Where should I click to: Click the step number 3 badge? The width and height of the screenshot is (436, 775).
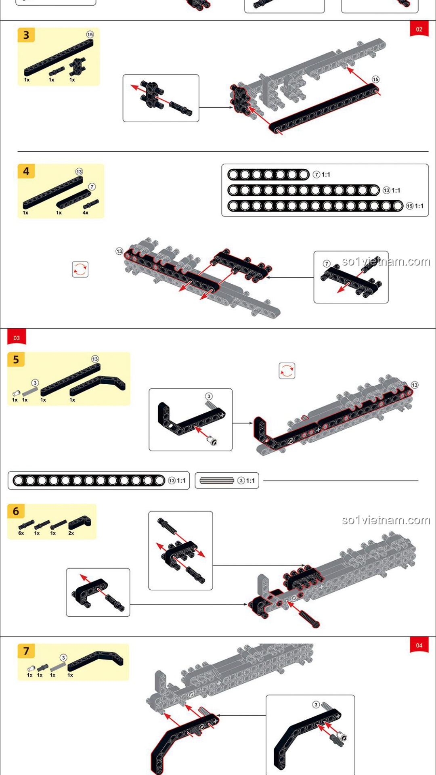[26, 35]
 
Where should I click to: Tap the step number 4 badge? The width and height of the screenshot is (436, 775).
[26, 171]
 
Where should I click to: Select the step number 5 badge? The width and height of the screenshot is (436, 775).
[16, 360]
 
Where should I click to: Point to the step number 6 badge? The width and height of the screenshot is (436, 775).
[16, 511]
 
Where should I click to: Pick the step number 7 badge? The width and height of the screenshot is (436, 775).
[26, 651]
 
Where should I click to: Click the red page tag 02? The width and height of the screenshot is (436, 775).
[419, 29]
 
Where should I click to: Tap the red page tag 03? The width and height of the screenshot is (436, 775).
[17, 337]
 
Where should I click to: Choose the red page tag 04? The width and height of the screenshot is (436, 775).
[419, 645]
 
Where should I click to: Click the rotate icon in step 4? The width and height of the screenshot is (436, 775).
[80, 269]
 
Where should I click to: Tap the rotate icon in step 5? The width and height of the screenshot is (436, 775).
[287, 371]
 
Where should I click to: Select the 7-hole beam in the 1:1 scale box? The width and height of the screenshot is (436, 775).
[268, 174]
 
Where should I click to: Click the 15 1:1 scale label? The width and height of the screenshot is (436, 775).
[415, 206]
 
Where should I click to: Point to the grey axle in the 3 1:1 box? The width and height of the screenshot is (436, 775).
[217, 480]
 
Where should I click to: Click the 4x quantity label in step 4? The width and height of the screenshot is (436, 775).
[86, 213]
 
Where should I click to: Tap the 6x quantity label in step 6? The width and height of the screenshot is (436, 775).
[21, 533]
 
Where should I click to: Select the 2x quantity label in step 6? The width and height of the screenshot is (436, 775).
[71, 533]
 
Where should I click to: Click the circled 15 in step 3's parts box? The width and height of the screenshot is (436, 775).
[90, 35]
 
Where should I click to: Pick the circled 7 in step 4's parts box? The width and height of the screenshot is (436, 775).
[92, 186]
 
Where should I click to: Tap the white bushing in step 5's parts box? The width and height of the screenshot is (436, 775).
[16, 393]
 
